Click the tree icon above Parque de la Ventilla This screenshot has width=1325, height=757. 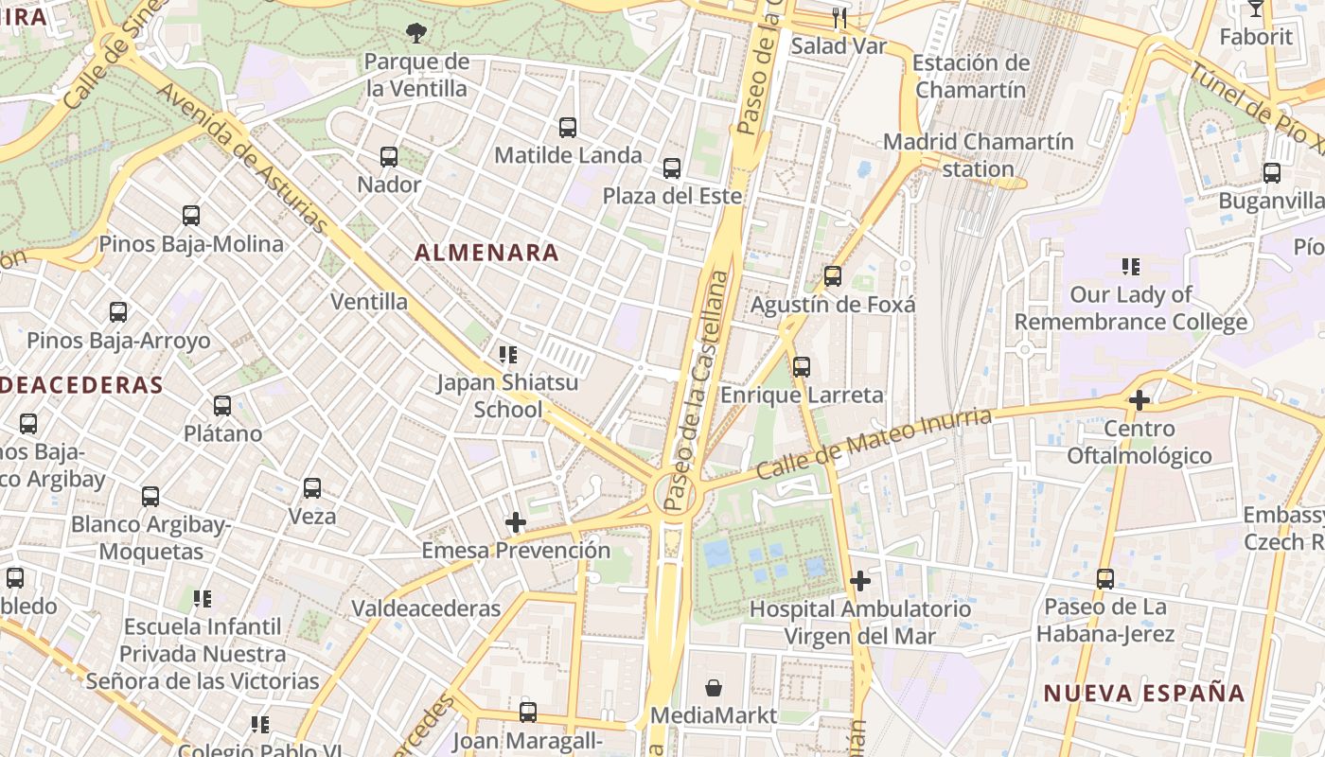coord(415,34)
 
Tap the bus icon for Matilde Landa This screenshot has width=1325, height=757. coord(568,127)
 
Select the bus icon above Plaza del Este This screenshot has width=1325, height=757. coord(672,168)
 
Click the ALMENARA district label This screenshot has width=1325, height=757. coord(486,253)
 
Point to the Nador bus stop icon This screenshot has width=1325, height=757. coord(389,156)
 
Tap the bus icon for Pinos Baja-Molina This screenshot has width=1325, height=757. coord(191,216)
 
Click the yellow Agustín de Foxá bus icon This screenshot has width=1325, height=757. coord(833,276)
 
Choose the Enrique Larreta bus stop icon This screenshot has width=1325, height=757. coord(802,366)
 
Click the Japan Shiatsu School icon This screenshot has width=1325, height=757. coord(507,355)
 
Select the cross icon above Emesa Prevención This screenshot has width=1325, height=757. coord(516,522)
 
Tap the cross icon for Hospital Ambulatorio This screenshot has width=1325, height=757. coord(859,580)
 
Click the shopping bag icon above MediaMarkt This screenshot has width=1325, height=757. coord(714,688)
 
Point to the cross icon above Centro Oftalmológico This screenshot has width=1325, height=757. coord(1139,400)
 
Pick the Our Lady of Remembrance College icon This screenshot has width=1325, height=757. coord(1130,267)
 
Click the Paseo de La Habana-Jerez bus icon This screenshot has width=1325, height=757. coord(1104,578)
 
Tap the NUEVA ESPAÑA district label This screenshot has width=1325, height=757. coord(1144,693)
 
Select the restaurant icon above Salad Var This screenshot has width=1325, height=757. coord(839,17)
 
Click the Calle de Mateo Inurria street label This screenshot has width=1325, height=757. coord(874,444)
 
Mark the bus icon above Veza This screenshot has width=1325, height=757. coord(312,488)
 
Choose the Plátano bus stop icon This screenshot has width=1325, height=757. coord(222,406)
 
